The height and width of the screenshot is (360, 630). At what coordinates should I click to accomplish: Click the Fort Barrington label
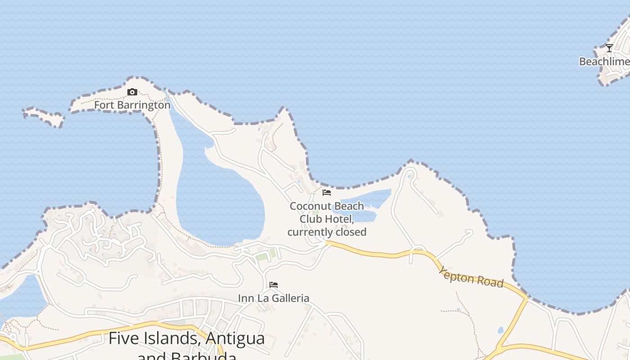click(132, 105)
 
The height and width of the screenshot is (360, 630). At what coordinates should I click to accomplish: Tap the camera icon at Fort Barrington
click(132, 92)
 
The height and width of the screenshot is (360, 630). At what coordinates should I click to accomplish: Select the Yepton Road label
click(471, 277)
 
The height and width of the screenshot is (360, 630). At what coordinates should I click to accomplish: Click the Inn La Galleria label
click(273, 298)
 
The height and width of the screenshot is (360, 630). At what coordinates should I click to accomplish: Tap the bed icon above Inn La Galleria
click(273, 285)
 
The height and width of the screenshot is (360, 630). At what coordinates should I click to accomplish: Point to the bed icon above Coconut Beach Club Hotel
click(327, 193)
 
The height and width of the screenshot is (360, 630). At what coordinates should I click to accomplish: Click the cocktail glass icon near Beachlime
click(609, 48)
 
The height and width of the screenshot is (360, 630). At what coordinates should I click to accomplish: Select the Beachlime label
click(604, 62)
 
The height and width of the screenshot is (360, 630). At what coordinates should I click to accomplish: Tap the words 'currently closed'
click(327, 232)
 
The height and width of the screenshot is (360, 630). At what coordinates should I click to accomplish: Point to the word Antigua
click(235, 338)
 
